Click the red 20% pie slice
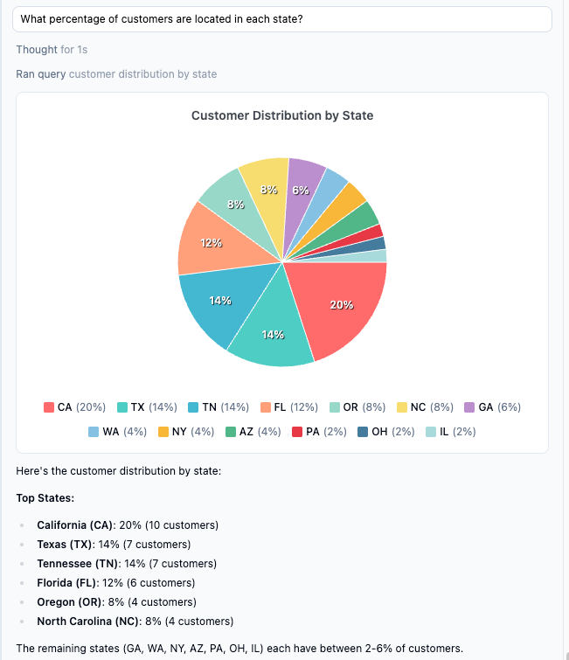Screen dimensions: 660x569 [x=337, y=306]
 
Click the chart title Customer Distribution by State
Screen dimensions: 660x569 [x=282, y=115]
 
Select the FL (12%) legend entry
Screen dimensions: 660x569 [x=290, y=407]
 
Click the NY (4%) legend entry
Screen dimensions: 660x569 [x=187, y=432]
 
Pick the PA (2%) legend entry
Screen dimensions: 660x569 [x=323, y=432]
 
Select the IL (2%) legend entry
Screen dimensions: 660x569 [x=451, y=432]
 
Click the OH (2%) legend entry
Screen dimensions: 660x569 [x=386, y=432]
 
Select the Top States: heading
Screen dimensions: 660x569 [x=45, y=498]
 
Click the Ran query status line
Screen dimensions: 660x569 [x=116, y=74]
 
